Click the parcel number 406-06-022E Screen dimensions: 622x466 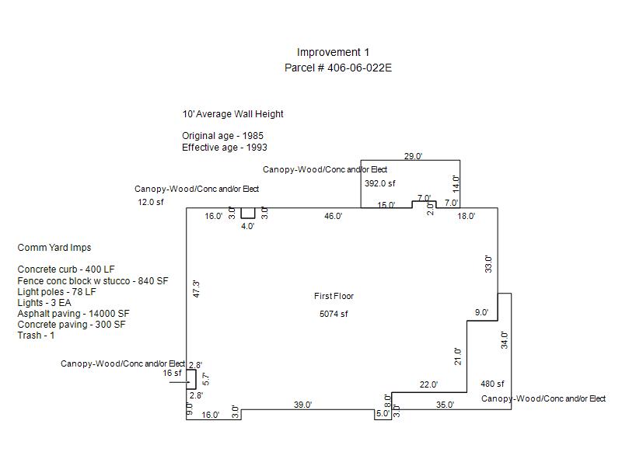tap(359, 68)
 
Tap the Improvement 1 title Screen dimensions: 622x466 tap(333, 52)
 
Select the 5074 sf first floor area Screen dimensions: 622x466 tap(334, 314)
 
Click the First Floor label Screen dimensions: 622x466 tap(334, 296)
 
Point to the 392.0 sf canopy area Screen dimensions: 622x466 tap(380, 183)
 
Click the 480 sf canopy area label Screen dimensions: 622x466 tap(492, 384)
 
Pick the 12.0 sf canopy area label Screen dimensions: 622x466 tap(151, 202)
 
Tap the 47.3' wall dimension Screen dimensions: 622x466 tap(196, 289)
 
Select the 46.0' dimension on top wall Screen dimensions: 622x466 tap(334, 216)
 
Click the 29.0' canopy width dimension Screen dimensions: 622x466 tap(413, 156)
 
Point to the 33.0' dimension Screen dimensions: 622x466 tap(488, 264)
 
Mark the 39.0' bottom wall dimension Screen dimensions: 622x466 tap(302, 405)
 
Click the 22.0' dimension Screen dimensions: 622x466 tap(428, 384)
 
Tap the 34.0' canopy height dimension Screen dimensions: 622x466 tap(504, 340)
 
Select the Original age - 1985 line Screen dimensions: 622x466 tap(222, 136)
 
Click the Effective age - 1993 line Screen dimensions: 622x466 tap(225, 148)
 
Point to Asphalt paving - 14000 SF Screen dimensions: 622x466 tap(73, 314)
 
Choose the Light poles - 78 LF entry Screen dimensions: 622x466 tap(57, 292)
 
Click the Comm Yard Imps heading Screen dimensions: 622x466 tap(54, 248)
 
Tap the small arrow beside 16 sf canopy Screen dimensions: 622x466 tap(180, 382)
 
